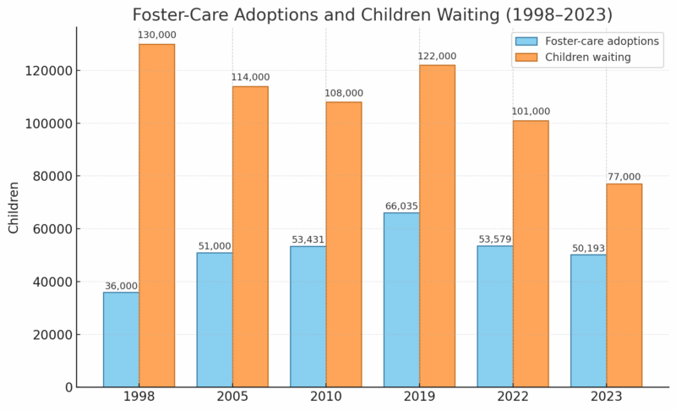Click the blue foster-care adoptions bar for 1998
click(x=122, y=339)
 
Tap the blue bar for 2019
click(x=401, y=299)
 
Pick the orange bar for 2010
click(x=344, y=244)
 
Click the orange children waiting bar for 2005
click(x=250, y=237)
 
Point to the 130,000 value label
click(x=156, y=35)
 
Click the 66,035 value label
click(x=401, y=205)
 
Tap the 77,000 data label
click(x=624, y=177)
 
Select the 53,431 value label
click(x=308, y=239)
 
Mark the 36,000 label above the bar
click(x=121, y=286)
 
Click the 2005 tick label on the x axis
click(x=232, y=397)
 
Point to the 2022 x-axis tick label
click(x=513, y=397)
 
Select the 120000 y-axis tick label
click(x=47, y=70)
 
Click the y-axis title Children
click(x=14, y=207)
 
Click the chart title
click(x=373, y=14)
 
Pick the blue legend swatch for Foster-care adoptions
click(x=526, y=41)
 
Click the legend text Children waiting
click(x=588, y=58)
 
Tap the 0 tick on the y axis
click(x=68, y=387)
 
